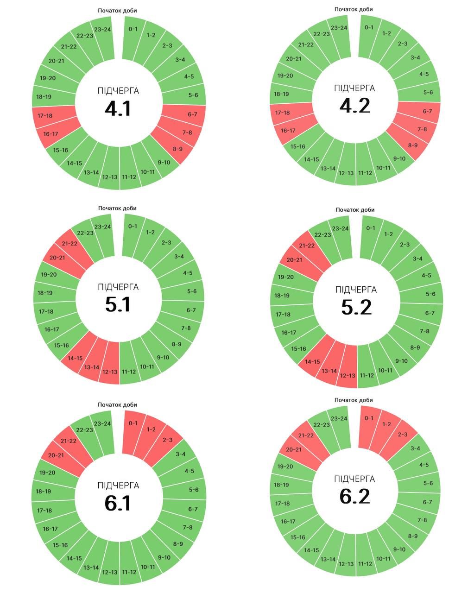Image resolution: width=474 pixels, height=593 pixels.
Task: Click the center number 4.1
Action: [x=118, y=108]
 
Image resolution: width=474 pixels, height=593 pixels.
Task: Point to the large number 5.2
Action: [x=356, y=307]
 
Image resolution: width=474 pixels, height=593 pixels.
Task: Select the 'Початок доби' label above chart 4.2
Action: [x=354, y=9]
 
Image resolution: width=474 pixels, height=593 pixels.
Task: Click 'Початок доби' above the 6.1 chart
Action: [x=117, y=405]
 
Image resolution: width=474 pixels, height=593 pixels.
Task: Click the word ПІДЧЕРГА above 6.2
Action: [x=354, y=479]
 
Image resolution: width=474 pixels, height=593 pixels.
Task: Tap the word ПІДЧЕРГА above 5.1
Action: [x=118, y=287]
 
